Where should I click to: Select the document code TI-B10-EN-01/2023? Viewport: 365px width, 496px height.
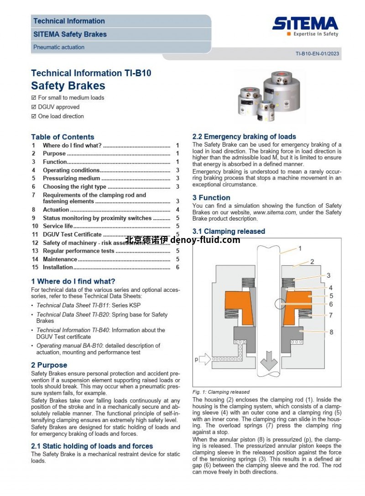tap(317, 53)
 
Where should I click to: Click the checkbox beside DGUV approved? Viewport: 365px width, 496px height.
tap(33, 107)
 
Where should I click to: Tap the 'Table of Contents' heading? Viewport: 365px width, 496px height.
tap(63, 137)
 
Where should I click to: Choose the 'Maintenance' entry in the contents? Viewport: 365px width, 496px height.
tap(60, 259)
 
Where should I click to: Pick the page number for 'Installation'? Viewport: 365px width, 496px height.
tap(177, 267)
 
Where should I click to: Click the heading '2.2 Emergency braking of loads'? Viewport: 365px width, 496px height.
tap(244, 137)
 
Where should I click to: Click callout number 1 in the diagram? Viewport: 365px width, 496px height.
tap(300, 248)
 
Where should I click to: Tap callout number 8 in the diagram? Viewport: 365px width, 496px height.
tap(331, 332)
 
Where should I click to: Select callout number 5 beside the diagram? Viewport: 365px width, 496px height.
tap(331, 296)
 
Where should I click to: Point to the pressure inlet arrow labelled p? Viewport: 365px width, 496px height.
tap(205, 359)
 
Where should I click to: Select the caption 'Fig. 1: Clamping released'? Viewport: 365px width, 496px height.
tap(221, 392)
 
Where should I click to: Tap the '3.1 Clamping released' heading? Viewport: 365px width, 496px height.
tap(229, 232)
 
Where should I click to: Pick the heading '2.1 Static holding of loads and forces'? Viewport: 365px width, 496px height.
tap(92, 446)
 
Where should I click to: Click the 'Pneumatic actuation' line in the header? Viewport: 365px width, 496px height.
tap(59, 47)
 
